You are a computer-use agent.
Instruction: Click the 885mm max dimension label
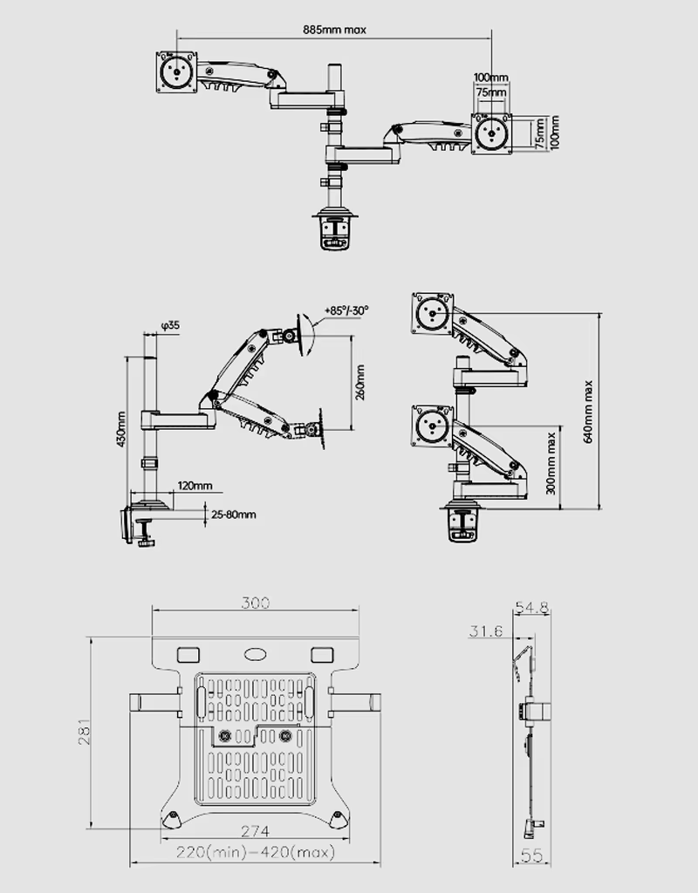pos(334,30)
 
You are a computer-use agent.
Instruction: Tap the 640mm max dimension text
pos(588,412)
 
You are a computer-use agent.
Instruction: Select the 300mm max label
pos(551,464)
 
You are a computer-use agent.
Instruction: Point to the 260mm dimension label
pos(360,383)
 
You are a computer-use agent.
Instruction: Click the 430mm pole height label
pos(120,429)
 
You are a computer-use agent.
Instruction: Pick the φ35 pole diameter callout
pos(170,325)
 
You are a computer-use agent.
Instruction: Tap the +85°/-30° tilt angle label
pos(346,310)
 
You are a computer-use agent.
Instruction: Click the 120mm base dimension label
pos(195,486)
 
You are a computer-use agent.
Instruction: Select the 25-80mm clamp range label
pos(234,515)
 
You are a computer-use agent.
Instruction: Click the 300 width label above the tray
pos(256,603)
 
